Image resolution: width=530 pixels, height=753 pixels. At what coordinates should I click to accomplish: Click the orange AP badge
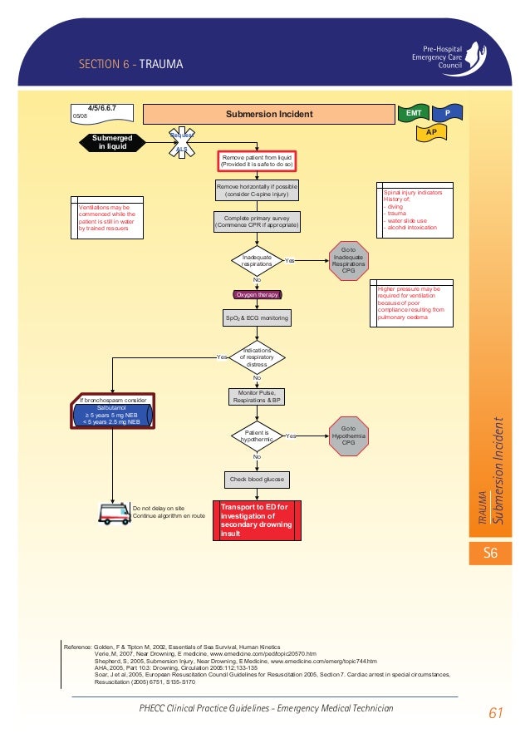[x=430, y=131]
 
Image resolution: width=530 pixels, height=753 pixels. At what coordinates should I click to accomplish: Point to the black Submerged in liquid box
[x=110, y=142]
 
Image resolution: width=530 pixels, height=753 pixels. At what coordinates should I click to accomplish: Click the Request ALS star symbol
[x=182, y=142]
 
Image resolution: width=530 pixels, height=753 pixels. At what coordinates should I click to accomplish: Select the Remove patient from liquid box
[x=257, y=160]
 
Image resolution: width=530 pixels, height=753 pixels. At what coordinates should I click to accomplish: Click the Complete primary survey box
[x=257, y=221]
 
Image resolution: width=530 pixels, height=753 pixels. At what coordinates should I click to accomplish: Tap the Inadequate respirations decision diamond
[x=257, y=261]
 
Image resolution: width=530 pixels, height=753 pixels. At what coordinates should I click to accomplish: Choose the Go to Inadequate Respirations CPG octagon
[x=347, y=261]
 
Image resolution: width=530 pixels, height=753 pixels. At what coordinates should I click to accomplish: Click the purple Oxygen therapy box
[x=257, y=294]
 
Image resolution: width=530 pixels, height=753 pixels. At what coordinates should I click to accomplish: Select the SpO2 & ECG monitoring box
[x=257, y=317]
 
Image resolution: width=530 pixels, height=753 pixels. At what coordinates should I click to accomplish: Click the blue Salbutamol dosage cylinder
[x=112, y=414]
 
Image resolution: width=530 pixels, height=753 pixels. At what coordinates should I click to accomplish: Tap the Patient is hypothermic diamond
[x=257, y=436]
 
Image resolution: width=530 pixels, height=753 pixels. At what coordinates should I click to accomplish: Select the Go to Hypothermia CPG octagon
[x=347, y=436]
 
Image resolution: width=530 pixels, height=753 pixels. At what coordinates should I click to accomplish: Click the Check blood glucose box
[x=257, y=480]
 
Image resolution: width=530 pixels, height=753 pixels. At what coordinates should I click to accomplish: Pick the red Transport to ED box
[x=257, y=521]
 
